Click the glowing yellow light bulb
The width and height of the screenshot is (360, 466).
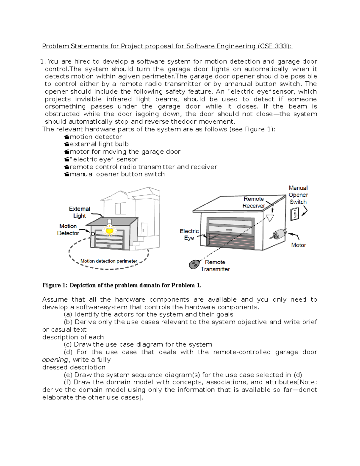pos(109,230)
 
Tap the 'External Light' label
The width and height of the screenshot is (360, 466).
pos(79,212)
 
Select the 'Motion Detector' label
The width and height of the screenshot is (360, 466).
pos(68,230)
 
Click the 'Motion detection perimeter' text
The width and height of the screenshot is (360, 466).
pos(109,261)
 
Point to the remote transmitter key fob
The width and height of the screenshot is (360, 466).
pos(194,264)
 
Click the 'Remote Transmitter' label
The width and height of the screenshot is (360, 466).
pos(215,266)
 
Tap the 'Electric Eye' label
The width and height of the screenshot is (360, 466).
pos(189,234)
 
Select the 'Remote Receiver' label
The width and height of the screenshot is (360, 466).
pos(254,202)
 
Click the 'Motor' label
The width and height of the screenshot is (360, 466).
pos(298,245)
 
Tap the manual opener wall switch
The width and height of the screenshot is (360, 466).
pos(295,214)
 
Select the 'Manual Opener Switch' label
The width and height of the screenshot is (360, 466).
pos(298,195)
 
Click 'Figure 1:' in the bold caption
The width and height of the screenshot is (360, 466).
pos(55,285)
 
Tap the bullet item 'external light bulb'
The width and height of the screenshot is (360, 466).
pos(99,144)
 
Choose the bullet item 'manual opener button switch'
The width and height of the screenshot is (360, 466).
pos(117,174)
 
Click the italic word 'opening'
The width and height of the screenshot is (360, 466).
pos(55,360)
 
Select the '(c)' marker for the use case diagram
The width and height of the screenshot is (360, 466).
pos(68,344)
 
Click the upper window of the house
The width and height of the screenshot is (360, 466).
pos(121,208)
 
